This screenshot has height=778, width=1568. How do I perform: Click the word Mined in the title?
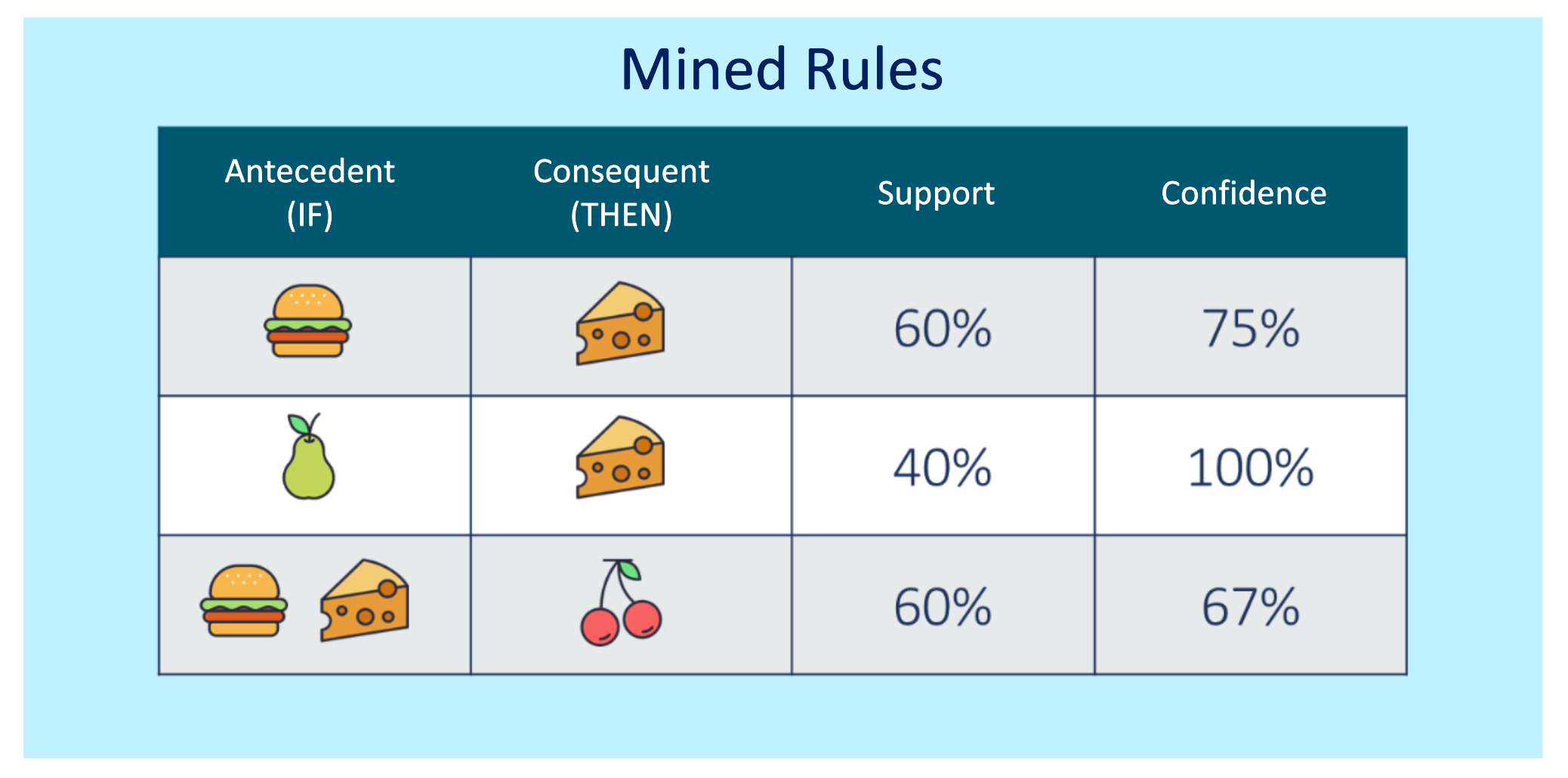[704, 69]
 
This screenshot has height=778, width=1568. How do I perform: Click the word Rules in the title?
[875, 69]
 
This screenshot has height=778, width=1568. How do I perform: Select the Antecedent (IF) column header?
[310, 193]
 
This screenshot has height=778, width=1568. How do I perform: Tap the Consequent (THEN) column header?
[621, 193]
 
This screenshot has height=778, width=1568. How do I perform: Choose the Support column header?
[936, 193]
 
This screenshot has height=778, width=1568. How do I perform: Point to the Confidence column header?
[1244, 193]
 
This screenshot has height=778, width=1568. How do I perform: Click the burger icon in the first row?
[307, 321]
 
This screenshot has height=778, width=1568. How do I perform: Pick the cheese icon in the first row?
[620, 323]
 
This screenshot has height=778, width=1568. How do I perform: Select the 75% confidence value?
[1251, 329]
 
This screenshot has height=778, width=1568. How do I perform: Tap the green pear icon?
[308, 456]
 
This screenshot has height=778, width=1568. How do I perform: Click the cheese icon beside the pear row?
[620, 456]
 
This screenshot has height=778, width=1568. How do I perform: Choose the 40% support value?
[942, 468]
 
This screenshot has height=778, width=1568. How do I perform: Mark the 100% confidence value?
[1251, 468]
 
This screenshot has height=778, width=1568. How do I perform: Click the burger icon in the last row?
[244, 600]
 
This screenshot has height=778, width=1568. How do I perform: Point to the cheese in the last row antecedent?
[365, 600]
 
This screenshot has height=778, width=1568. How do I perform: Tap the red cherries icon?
[621, 603]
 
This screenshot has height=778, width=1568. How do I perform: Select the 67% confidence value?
[1251, 607]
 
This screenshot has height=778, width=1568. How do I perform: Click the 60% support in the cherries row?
[942, 607]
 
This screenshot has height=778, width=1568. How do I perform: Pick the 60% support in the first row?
[942, 329]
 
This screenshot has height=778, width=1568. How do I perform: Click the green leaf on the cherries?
[630, 570]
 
